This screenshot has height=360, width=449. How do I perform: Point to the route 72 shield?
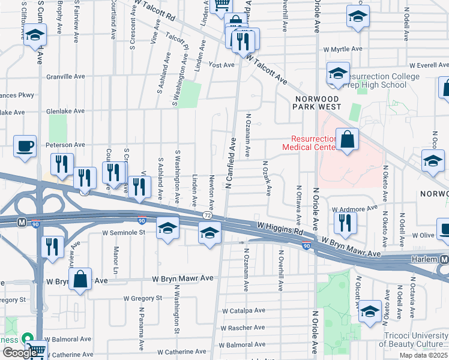click(x=207, y=215)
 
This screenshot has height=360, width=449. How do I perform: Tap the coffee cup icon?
click(x=25, y=146)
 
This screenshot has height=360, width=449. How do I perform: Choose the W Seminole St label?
click(x=125, y=233)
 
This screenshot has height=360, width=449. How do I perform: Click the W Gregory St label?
click(x=142, y=298)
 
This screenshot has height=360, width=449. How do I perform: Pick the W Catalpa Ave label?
click(x=243, y=311)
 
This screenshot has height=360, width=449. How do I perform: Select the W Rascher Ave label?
click(x=243, y=328)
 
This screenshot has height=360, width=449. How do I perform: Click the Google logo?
click(x=19, y=353)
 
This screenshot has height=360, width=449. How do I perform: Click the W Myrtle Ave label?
click(x=343, y=49)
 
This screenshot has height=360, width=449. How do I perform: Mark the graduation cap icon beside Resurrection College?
click(x=338, y=74)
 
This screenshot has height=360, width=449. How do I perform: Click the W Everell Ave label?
click(x=429, y=65)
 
